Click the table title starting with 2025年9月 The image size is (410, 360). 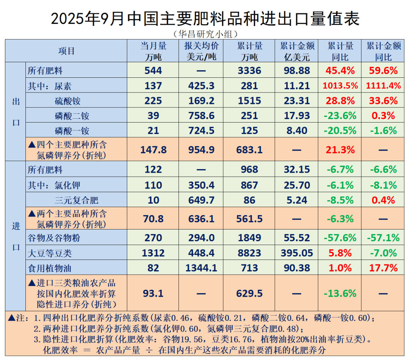(205, 18)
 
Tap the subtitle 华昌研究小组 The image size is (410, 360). (205, 34)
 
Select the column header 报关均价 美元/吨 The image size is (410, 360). (201, 52)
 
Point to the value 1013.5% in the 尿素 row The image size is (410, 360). (340, 86)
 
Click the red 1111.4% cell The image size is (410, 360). (383, 86)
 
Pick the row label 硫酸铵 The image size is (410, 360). (67, 101)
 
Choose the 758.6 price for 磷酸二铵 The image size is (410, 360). (201, 116)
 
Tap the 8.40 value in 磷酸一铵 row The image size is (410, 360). (297, 131)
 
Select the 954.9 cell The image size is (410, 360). (201, 150)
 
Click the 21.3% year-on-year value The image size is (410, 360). (340, 150)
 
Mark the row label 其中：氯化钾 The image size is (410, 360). (54, 185)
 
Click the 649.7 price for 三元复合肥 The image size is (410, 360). (201, 200)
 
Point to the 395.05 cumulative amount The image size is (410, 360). (297, 253)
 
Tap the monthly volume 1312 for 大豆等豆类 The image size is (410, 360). (153, 253)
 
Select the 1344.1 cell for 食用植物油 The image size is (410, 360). (201, 268)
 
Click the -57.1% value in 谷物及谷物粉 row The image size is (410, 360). (383, 238)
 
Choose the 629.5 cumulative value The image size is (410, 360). (249, 293)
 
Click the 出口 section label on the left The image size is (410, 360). (16, 112)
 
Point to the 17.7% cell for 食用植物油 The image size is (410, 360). (383, 268)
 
